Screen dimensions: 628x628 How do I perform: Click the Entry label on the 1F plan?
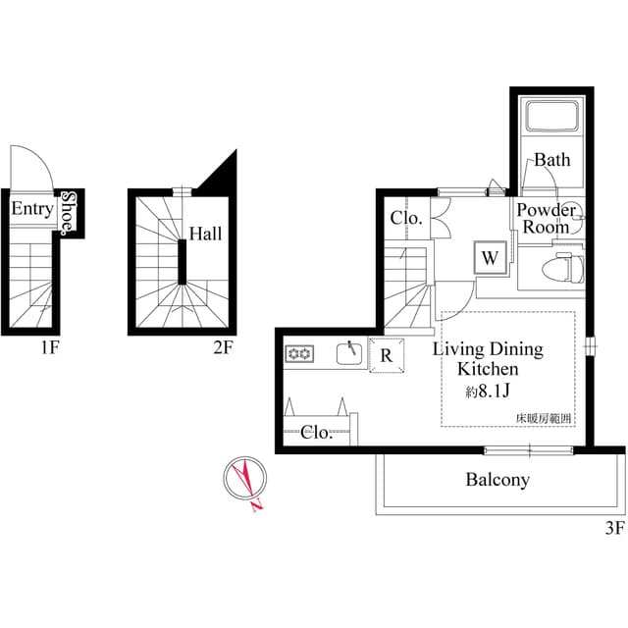pos(31,209)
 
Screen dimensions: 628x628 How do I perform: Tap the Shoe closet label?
pos(68,212)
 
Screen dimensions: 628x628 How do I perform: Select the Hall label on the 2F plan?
pos(205,235)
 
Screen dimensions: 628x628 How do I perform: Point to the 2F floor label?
pos(223,345)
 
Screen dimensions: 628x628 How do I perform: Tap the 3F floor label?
pos(613,528)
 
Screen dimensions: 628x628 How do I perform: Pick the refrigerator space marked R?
pos(387,356)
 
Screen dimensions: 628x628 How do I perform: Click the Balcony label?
pos(497,480)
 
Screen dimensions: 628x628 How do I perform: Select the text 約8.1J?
pos(488,392)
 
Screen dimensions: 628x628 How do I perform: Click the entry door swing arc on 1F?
pos(29,162)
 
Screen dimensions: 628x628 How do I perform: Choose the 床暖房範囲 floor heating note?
pos(544,419)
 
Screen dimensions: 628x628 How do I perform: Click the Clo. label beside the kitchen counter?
pos(315,431)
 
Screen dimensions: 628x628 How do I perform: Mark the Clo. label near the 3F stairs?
pos(406,218)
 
